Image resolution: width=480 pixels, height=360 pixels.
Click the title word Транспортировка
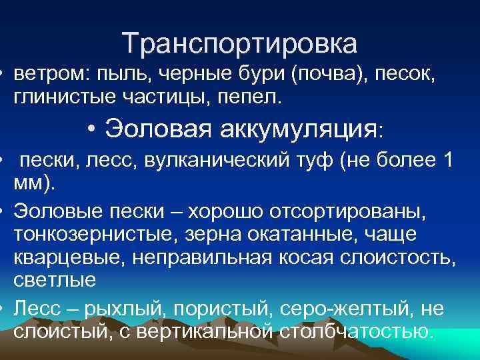click(240, 44)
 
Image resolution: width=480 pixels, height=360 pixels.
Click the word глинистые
click(65, 97)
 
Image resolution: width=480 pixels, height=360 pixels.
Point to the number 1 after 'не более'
click(447, 161)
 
